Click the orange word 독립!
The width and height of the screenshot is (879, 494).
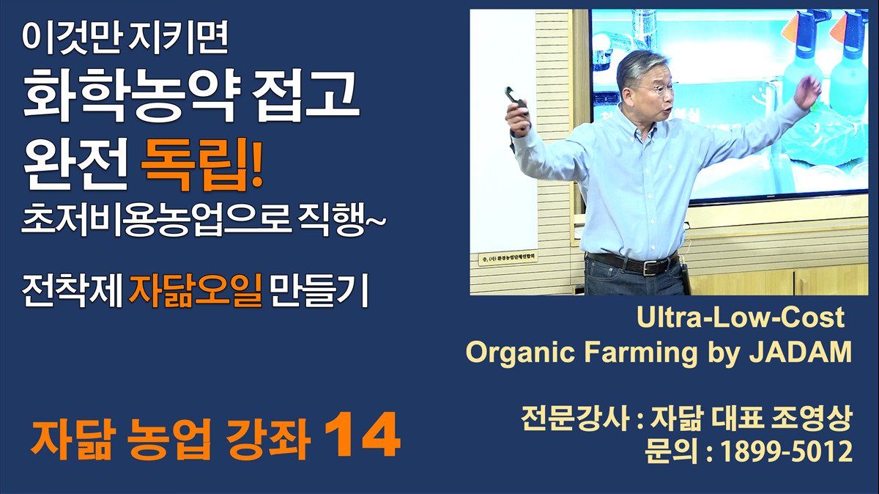[x=201, y=165]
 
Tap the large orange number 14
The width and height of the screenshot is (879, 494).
[x=362, y=435]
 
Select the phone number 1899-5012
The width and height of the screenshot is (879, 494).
[x=787, y=451]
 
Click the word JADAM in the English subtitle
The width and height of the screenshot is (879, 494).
[x=801, y=352]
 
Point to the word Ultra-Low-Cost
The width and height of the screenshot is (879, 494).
[x=741, y=317]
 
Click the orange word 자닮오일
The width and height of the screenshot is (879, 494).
[x=195, y=291]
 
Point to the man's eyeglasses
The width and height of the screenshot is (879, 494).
[x=660, y=89]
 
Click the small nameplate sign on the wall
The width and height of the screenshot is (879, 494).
[x=508, y=259]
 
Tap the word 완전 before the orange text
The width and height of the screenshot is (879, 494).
[x=75, y=164]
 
